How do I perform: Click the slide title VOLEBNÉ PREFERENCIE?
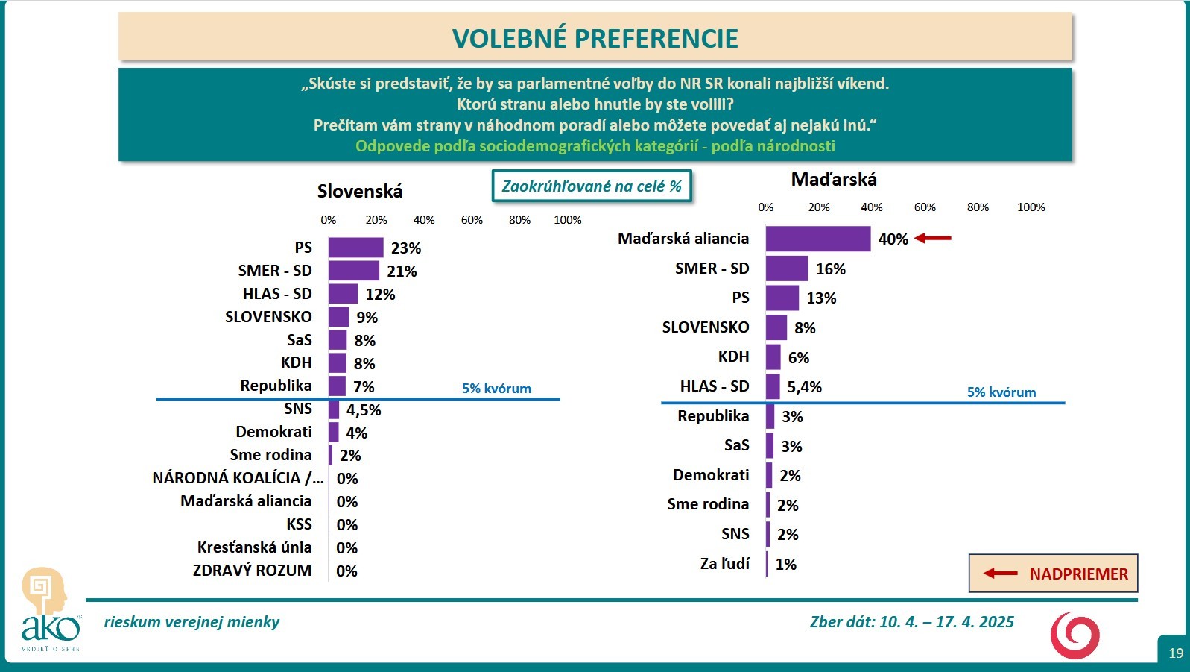tap(595, 38)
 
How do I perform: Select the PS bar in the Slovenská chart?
tap(355, 248)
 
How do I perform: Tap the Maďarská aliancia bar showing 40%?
tap(817, 239)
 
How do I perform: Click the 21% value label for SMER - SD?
tap(402, 271)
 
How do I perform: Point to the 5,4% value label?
tap(804, 387)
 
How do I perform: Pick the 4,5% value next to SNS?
tap(364, 410)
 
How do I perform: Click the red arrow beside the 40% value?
tap(933, 239)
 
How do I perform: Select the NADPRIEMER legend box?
tap(1053, 574)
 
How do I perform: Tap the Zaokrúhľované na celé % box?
tap(592, 186)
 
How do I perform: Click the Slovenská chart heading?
tap(360, 192)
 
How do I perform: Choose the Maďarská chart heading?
tap(834, 180)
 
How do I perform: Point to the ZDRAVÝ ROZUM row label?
tap(252, 571)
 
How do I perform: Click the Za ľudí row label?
tap(725, 564)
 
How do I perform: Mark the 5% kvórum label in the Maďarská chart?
tap(1001, 392)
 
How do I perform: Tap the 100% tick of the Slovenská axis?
tap(567, 220)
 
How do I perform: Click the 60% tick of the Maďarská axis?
tap(925, 207)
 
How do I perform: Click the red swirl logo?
tap(1075, 635)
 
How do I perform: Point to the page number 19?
tap(1175, 653)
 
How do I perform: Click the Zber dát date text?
tap(911, 622)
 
